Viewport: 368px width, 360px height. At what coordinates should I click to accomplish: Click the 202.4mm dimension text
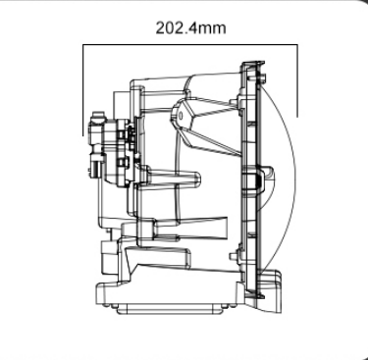pos(190,27)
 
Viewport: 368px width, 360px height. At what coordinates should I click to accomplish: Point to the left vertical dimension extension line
pos(83,90)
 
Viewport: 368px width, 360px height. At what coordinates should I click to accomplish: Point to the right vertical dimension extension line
pos(297,80)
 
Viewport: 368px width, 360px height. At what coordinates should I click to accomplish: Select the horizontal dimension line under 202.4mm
pos(190,44)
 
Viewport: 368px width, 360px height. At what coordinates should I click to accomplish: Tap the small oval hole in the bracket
pos(182,116)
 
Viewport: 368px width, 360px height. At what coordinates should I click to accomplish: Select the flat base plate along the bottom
pos(170,309)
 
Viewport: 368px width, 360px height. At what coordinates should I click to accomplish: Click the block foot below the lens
pos(270,291)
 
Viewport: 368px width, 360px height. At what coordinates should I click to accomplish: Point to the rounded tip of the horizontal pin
pos(198,180)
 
